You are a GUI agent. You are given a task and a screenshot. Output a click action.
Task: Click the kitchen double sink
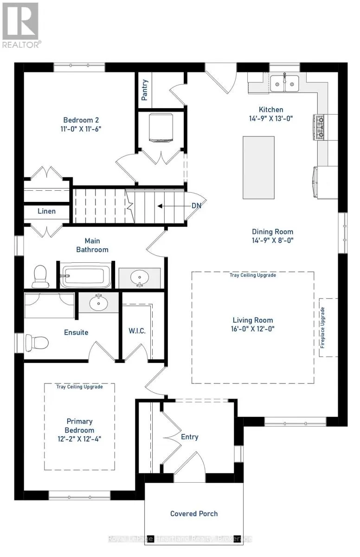point(284,84)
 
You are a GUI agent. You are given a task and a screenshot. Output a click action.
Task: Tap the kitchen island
point(258,168)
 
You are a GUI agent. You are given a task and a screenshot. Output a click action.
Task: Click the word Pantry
point(144,90)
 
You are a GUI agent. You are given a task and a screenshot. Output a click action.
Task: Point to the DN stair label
point(196,206)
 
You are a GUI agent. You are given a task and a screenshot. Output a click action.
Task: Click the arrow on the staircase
point(174,206)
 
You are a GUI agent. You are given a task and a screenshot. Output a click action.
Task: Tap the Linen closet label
point(46,211)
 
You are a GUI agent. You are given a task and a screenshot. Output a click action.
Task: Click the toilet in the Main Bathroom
point(40,277)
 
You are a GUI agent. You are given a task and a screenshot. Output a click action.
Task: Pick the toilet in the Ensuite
point(37,343)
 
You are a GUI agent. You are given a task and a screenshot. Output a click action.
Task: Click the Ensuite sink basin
point(99,303)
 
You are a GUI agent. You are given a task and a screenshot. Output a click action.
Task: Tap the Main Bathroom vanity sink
point(140,278)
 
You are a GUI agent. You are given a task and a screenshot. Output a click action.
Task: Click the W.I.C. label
point(137,330)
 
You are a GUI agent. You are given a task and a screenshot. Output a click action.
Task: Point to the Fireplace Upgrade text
point(322,328)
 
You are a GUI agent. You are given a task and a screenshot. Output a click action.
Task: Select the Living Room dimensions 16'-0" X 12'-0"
point(253,329)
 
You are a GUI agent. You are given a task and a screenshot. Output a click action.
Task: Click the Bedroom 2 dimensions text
point(81,129)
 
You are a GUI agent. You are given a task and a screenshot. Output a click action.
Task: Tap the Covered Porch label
point(194,513)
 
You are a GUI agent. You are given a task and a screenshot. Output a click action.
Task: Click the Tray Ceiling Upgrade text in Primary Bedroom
point(79,387)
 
